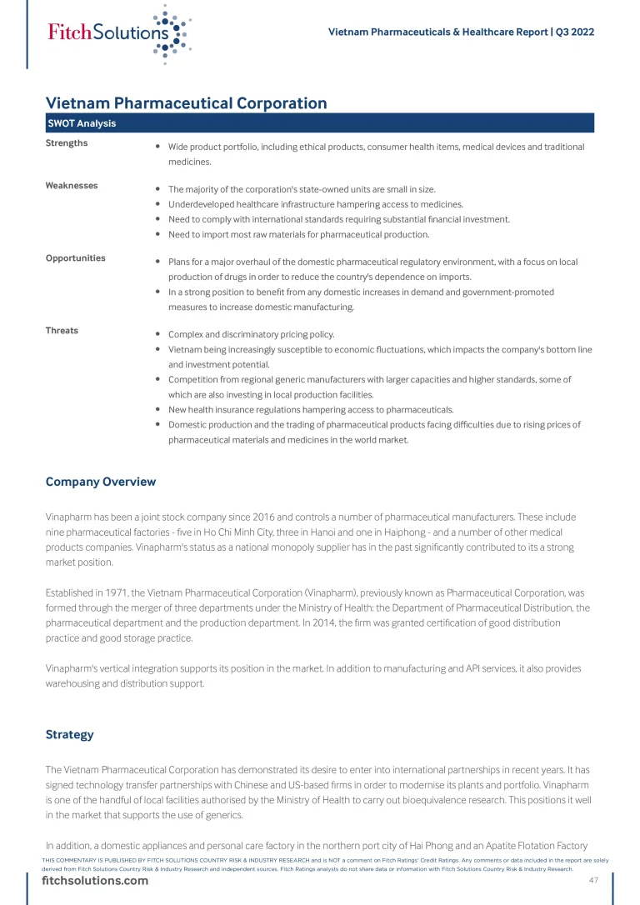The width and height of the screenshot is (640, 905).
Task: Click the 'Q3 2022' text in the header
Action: pos(575,32)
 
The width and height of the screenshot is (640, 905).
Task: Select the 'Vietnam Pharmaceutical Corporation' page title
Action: pos(186,103)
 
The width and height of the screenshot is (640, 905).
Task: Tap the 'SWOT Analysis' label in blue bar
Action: pos(82,123)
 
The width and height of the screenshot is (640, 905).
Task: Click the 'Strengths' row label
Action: pos(67,143)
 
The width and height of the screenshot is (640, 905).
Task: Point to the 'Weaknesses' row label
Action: pos(72,186)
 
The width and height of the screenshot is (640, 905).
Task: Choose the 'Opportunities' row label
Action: pos(76,258)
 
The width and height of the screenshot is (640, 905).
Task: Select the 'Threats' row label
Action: pos(62,331)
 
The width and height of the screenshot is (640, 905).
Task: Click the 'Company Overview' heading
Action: pos(101,482)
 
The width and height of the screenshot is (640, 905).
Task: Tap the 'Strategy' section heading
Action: pos(69,735)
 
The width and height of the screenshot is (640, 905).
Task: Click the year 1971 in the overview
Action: pos(115,592)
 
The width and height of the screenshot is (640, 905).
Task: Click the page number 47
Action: pos(593,881)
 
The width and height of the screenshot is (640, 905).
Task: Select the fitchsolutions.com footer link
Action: pos(96,881)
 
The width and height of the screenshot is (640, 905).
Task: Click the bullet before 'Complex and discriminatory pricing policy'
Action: pos(158,334)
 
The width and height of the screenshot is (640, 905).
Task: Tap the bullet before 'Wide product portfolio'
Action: pos(158,147)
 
